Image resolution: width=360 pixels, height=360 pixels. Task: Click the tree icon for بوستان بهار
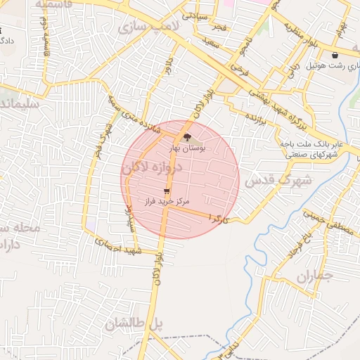(x=186, y=138)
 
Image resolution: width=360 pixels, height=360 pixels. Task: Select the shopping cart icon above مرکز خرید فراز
(x=166, y=191)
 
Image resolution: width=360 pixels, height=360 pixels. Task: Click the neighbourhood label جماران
(x=313, y=277)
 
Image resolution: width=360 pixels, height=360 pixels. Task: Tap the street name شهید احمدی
(x=119, y=247)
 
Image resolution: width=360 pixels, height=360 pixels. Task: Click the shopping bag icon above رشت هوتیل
(x=335, y=55)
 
